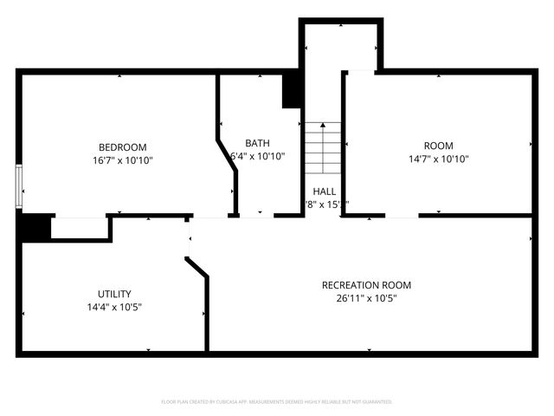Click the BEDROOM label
click(x=122, y=146)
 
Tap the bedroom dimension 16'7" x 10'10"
click(x=122, y=160)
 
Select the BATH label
click(x=257, y=143)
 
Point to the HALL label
click(x=325, y=192)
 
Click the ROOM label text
click(x=438, y=146)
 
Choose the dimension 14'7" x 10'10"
click(x=438, y=159)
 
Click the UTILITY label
click(x=113, y=294)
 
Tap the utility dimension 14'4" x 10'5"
click(x=113, y=307)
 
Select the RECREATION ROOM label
click(x=366, y=284)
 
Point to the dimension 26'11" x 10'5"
click(x=366, y=298)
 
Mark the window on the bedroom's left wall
click(x=18, y=185)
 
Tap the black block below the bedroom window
click(x=33, y=227)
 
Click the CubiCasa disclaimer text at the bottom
click(x=277, y=402)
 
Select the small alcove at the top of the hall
click(x=340, y=45)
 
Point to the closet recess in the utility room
click(x=80, y=228)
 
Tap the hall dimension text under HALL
click(x=325, y=205)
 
